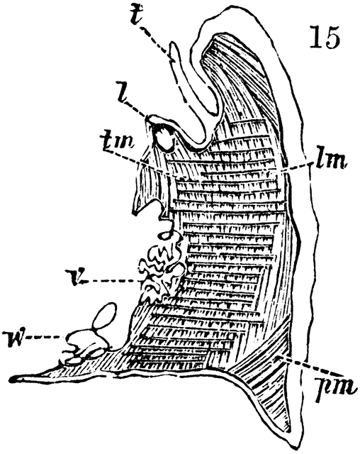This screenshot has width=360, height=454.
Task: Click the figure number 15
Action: tap(324, 37)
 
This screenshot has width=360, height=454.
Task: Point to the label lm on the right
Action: tap(330, 161)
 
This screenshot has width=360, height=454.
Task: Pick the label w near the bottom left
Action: tap(13, 337)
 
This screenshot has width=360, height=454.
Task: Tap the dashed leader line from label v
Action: tap(111, 281)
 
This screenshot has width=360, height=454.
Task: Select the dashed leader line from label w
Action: tap(45, 337)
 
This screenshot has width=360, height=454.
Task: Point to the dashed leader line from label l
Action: tap(137, 109)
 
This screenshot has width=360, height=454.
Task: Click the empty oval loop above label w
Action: tap(104, 316)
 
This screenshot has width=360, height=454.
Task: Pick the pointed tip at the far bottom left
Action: tap(11, 379)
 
